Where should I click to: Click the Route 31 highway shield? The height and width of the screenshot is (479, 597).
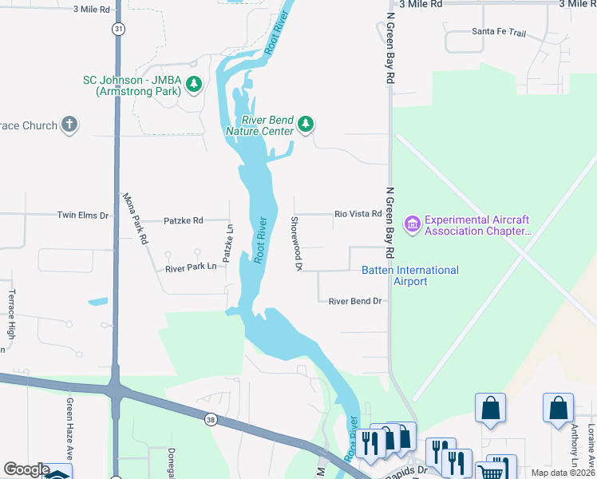pos(118,29)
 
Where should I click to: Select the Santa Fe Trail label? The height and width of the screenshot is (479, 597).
pos(499,32)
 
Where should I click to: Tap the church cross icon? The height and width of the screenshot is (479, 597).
pos(69,125)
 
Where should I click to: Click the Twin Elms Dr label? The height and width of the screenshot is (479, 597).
pos(82,215)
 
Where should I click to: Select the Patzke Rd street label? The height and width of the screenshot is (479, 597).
pos(183,220)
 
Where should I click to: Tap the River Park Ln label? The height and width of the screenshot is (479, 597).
pos(191,268)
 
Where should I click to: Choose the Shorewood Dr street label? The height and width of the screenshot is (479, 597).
pos(295,243)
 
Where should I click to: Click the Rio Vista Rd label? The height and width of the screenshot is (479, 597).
pos(358,214)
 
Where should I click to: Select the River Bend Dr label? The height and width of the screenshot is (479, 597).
pos(356,301)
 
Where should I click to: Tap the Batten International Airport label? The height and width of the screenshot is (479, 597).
pos(410,275)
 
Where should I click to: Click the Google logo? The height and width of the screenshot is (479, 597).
pos(26,469)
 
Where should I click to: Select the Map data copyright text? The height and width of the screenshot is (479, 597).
pos(563,473)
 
